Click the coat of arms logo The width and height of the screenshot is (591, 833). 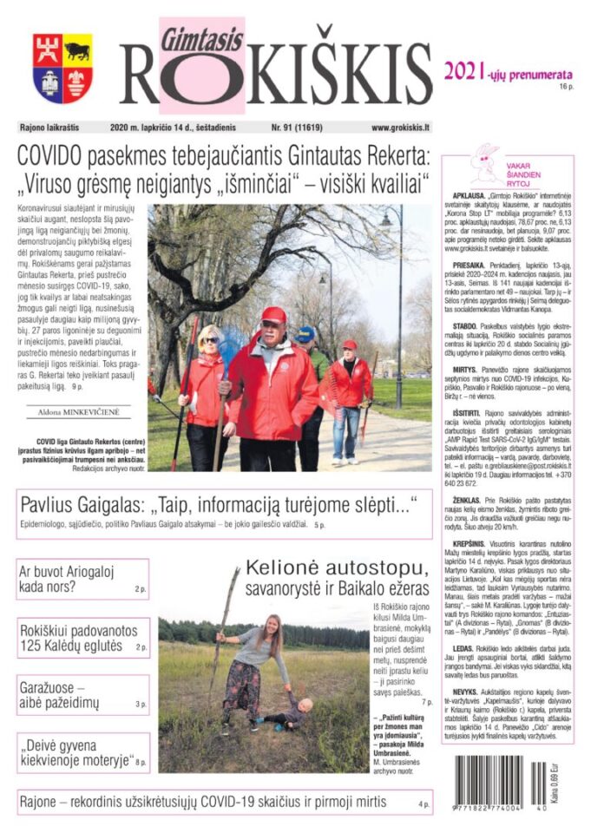point(62,69)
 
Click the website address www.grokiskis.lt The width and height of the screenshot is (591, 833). point(401,128)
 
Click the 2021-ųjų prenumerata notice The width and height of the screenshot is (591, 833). point(509,72)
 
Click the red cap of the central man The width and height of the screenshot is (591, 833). point(273,314)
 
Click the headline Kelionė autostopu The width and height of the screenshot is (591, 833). point(337,569)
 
